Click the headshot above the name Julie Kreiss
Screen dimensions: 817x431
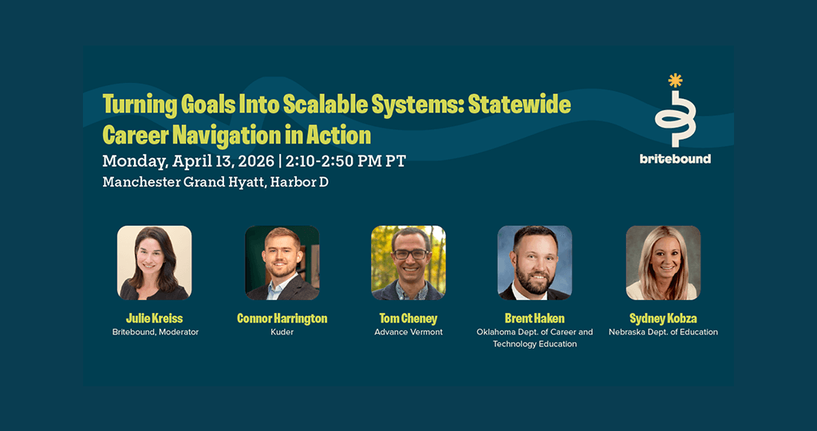154,263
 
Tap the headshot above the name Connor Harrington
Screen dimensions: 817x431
282,263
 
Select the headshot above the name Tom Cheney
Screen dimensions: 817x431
408,263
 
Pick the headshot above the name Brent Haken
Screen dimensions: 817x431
535,263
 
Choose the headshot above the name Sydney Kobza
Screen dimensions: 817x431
663,263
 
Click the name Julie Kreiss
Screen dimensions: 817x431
154,318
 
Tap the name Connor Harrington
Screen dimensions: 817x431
282,318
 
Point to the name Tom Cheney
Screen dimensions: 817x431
408,318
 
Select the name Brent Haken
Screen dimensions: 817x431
535,318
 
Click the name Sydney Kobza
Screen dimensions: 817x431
663,318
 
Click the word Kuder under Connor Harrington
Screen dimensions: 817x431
282,332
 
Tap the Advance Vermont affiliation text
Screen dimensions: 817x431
408,332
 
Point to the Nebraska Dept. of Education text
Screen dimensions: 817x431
663,332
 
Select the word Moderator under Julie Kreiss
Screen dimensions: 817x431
180,332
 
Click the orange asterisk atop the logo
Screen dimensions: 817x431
675,81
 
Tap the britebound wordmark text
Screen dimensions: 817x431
675,159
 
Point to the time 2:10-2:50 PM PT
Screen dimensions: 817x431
345,161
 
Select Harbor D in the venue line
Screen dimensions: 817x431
300,183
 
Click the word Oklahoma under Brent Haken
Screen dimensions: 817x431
495,332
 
